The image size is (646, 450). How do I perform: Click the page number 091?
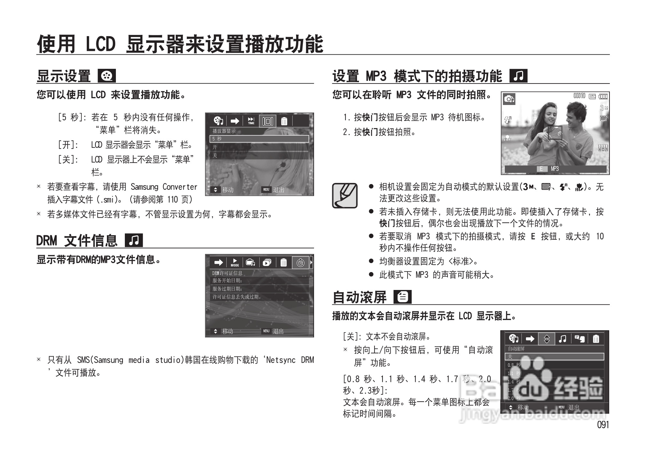603,425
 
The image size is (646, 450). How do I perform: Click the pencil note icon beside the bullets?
344,196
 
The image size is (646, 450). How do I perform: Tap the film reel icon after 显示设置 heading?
107,76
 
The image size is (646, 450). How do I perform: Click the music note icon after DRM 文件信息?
134,240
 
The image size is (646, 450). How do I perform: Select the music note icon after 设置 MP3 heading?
518,76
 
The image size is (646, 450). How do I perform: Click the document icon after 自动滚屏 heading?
402,297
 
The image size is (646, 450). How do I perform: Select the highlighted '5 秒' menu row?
259,139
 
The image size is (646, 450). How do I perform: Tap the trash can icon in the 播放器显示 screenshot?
284,121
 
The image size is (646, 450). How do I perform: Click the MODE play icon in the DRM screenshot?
235,262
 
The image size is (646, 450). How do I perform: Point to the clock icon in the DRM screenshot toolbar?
300,263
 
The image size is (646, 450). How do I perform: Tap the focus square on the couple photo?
555,133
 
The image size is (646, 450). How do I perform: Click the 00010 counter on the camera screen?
579,96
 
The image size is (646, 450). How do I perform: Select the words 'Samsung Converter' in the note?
164,187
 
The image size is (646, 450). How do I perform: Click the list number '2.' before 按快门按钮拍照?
346,132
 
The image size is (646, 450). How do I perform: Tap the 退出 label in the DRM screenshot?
278,331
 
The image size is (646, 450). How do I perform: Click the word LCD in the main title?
100,44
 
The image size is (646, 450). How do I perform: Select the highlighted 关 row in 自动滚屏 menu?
554,357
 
